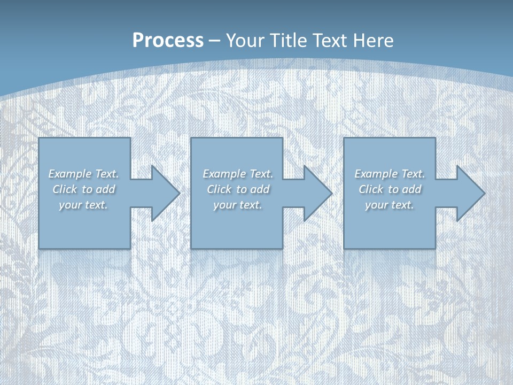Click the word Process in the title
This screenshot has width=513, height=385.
click(168, 41)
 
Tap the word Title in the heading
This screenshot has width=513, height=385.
click(290, 41)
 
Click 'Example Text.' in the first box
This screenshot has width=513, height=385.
click(83, 174)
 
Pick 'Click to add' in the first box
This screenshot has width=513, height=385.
click(83, 189)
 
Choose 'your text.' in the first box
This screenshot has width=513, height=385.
click(83, 205)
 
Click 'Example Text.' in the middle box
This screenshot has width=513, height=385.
click(238, 174)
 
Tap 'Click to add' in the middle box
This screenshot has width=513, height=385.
click(238, 189)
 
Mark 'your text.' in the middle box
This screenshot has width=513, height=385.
click(238, 205)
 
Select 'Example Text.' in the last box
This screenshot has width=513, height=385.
click(390, 174)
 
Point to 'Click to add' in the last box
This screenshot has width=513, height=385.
click(390, 189)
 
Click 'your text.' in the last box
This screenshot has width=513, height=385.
click(390, 205)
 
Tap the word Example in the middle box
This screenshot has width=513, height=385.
click(223, 174)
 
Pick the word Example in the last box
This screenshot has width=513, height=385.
click(375, 174)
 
